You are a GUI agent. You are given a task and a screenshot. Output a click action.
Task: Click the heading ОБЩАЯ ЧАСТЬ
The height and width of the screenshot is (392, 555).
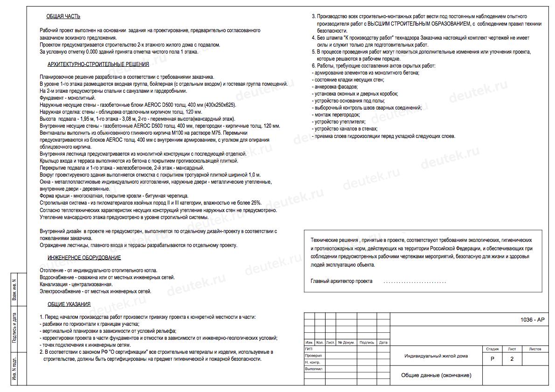click(x=63, y=17)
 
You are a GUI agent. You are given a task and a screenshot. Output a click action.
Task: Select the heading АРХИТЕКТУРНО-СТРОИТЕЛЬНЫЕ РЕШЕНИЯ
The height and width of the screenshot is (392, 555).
click(x=98, y=65)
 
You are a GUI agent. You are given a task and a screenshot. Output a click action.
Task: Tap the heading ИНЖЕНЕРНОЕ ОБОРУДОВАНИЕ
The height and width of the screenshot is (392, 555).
click(x=84, y=258)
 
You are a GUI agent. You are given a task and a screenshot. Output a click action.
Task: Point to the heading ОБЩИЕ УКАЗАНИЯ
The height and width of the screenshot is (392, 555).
click(x=69, y=305)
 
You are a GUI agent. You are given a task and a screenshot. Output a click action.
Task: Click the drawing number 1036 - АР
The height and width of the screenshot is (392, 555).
click(x=532, y=319)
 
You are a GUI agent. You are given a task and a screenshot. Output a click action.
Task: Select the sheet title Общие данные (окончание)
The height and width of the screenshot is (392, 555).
click(x=436, y=375)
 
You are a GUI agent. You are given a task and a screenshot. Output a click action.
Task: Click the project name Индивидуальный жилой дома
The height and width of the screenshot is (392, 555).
click(x=436, y=356)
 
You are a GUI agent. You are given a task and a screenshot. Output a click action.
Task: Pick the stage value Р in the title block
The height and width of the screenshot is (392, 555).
click(x=493, y=359)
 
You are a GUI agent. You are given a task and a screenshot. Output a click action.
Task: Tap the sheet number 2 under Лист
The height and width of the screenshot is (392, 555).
click(x=512, y=359)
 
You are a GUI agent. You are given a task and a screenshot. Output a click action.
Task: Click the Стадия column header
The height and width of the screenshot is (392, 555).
click(x=493, y=349)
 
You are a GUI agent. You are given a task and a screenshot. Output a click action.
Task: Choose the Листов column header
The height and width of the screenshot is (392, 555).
click(x=535, y=349)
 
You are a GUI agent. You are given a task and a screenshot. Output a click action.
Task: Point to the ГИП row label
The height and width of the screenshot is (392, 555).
click(x=309, y=349)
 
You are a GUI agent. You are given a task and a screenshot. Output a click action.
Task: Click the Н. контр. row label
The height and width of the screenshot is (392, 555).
click(x=312, y=362)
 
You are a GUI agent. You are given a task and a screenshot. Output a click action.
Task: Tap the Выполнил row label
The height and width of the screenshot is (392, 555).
click(x=313, y=369)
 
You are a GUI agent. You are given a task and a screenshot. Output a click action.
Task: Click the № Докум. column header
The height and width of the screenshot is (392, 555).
click(x=347, y=343)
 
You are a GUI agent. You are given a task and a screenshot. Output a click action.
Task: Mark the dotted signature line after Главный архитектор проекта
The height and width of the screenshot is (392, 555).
click(x=414, y=282)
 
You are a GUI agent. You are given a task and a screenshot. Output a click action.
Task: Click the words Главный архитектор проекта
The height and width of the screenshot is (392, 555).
click(x=341, y=282)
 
